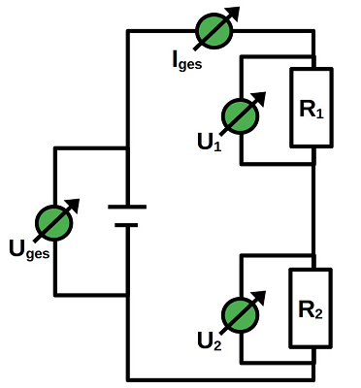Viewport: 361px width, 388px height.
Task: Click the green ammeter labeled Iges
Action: coord(214,31)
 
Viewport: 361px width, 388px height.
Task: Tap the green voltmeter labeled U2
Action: coord(239,313)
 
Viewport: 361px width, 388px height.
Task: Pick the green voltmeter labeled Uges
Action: coord(54,222)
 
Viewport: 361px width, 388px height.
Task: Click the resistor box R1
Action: coord(312,108)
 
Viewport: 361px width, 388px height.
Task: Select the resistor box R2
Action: coord(312,308)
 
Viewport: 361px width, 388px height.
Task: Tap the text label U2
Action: coord(209,341)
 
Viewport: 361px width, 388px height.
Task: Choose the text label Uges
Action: coord(27,249)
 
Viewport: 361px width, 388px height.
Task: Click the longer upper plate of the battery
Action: coord(127,207)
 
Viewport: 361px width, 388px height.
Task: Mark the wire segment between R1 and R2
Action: coord(312,204)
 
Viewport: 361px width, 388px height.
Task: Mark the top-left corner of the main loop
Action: coord(128,31)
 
